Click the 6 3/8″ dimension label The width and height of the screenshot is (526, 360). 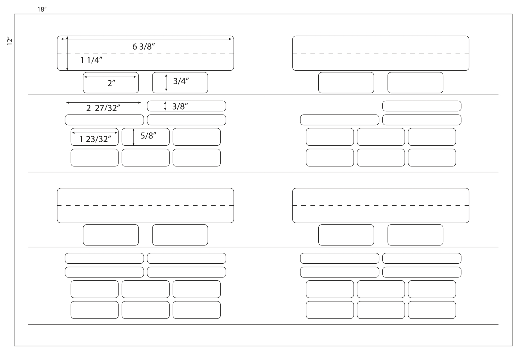144,46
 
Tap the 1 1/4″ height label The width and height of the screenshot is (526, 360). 91,60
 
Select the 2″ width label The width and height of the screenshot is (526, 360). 111,83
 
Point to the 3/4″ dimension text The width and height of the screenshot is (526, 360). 181,81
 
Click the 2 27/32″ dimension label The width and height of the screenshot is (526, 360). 103,108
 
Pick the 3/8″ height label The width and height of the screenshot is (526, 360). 180,106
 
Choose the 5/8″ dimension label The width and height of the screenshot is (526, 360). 148,136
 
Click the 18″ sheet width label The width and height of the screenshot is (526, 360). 42,10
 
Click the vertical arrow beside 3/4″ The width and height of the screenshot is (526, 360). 166,83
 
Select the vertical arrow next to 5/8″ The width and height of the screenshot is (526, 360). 133,137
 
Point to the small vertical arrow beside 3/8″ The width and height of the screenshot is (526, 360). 165,106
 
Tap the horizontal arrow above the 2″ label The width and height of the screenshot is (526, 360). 110,77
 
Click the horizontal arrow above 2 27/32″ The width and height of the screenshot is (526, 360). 104,103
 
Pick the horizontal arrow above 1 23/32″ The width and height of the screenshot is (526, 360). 95,133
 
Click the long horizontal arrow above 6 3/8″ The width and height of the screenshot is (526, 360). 146,39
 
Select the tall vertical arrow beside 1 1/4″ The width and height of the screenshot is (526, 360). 67,53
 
